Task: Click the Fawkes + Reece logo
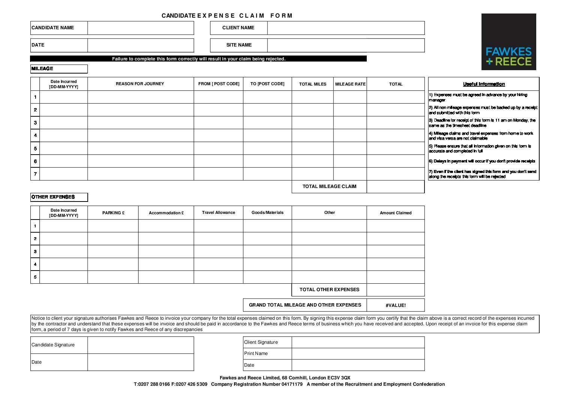click(508, 42)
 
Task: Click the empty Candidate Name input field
click(141, 28)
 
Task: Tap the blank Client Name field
click(346, 28)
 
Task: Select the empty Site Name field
click(346, 45)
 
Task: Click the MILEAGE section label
click(59, 69)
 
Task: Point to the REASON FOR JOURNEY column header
click(140, 84)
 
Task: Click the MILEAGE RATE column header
click(350, 84)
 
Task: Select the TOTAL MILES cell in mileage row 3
click(312, 123)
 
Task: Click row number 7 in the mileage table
click(35, 174)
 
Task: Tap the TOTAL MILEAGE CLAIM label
click(329, 186)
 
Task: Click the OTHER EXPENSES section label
click(59, 197)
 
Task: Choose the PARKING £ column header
click(113, 213)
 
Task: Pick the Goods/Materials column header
click(267, 213)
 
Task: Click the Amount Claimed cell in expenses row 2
click(396, 239)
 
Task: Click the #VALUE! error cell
click(396, 305)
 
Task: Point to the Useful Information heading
click(484, 84)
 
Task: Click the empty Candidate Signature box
click(141, 345)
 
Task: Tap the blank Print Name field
click(358, 353)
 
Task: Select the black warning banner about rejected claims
click(198, 59)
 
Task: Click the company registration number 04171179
click(292, 384)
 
